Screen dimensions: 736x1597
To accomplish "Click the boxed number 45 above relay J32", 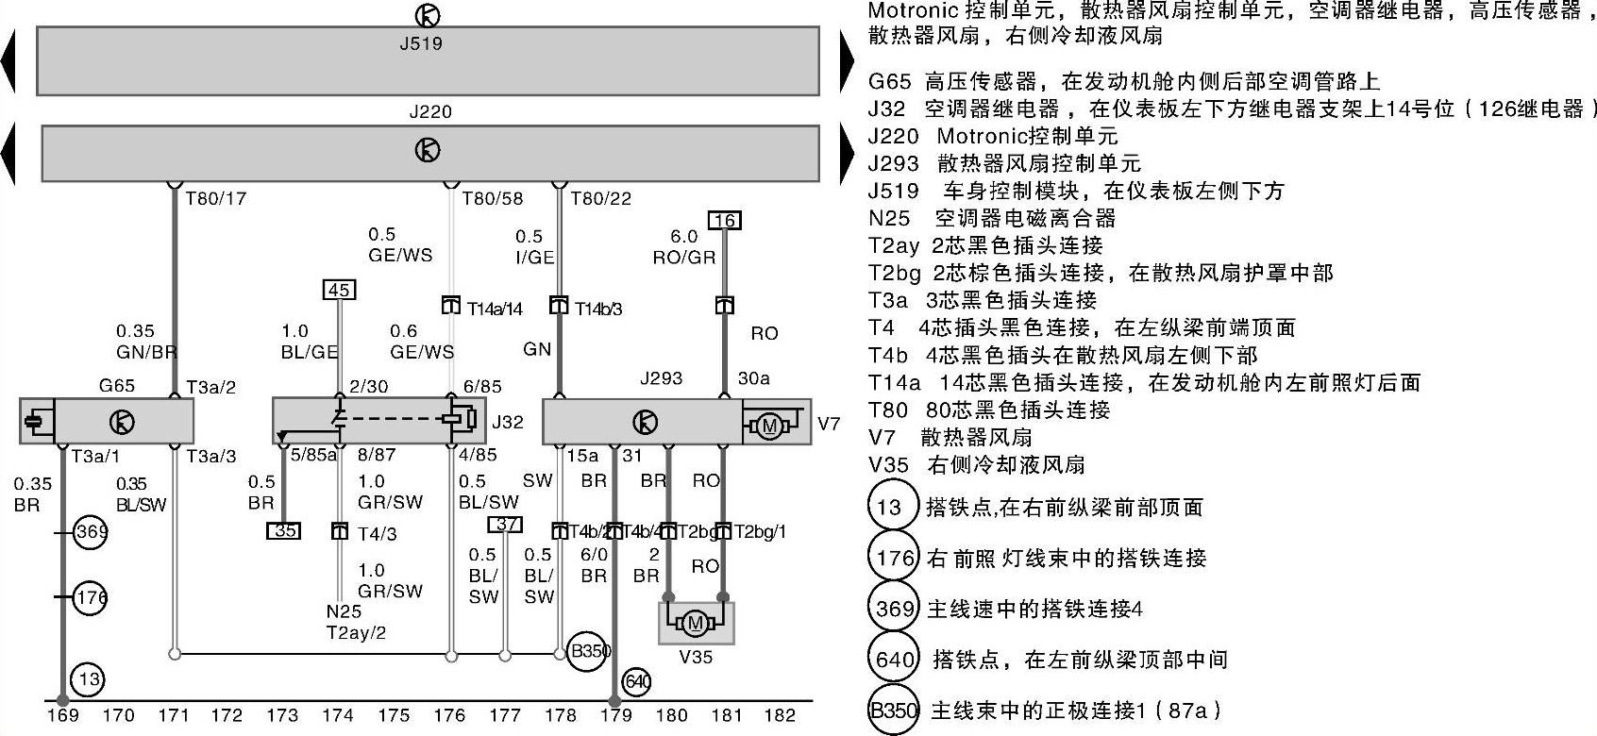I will point(340,290).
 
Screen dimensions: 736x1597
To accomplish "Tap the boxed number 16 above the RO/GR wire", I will point(724,221).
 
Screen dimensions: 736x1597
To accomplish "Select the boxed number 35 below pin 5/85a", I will point(284,530).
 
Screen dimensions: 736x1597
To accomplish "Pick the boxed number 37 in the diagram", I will point(506,525).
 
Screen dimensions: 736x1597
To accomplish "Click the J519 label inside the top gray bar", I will point(421,43).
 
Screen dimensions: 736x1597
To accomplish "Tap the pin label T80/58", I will point(492,199).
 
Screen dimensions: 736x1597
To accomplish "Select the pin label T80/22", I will point(601,199).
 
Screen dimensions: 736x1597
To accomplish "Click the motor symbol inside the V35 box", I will point(697,623).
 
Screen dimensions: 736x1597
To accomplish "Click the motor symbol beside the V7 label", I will point(769,426).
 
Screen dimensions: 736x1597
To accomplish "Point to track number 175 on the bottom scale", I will point(394,715).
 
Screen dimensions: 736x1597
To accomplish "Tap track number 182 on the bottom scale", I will point(780,715).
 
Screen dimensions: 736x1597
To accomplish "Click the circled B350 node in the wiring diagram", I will point(590,651).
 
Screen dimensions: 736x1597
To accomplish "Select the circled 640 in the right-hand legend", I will point(892,659).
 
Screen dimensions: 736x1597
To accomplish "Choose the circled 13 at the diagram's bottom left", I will point(90,679).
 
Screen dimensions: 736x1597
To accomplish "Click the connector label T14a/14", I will point(495,309).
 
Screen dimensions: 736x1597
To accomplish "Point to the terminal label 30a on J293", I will point(753,378).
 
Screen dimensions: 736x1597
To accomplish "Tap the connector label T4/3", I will point(378,533).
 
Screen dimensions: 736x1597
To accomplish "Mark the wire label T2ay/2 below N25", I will point(357,633).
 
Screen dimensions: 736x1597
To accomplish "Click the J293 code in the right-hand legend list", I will point(893,163).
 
